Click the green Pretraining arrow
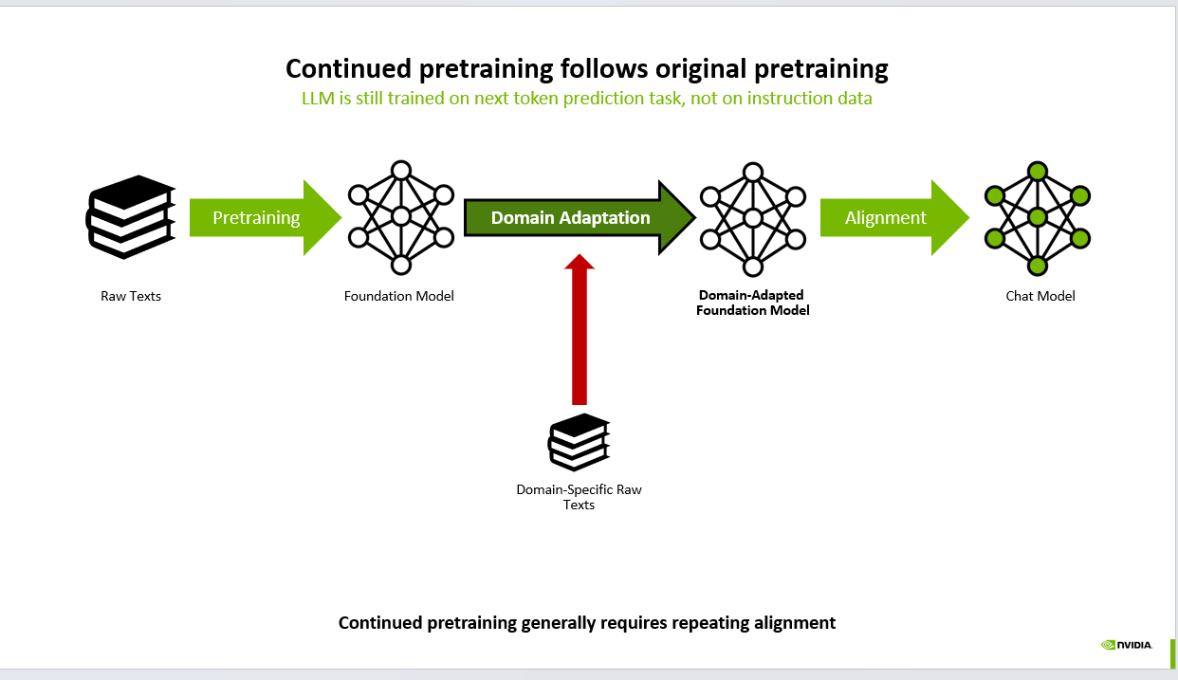pyautogui.click(x=261, y=218)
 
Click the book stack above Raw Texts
pyautogui.click(x=131, y=217)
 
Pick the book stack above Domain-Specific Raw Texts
pyautogui.click(x=579, y=441)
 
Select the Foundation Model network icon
pyautogui.click(x=400, y=217)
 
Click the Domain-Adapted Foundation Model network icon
pyautogui.click(x=752, y=218)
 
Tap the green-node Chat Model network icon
pyautogui.click(x=1038, y=218)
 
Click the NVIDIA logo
pyautogui.click(x=1127, y=645)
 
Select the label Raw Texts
pyautogui.click(x=131, y=296)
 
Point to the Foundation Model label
pyautogui.click(x=399, y=296)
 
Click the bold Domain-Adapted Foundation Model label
pyautogui.click(x=752, y=303)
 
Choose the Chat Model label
pyautogui.click(x=1040, y=296)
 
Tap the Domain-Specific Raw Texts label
pyautogui.click(x=579, y=497)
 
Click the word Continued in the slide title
pyautogui.click(x=344, y=69)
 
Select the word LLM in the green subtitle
pyautogui.click(x=319, y=99)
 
